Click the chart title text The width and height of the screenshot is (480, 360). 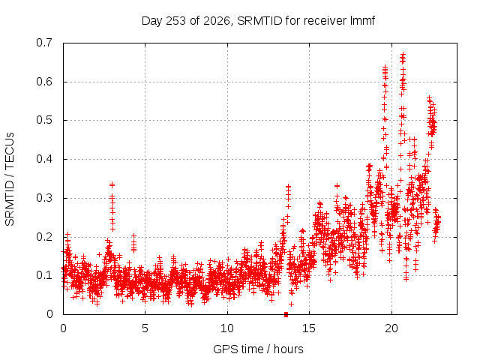(x=258, y=21)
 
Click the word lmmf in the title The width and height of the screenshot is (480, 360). (x=362, y=21)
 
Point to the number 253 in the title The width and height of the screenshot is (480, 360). (x=175, y=21)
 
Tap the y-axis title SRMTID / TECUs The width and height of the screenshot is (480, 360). (x=10, y=179)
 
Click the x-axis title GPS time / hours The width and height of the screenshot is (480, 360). (x=258, y=349)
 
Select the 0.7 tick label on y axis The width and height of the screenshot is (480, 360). (x=44, y=43)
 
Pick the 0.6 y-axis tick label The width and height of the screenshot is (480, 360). (x=44, y=82)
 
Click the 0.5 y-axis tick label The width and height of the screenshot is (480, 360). (x=44, y=120)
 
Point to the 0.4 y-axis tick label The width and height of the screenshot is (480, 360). (x=44, y=159)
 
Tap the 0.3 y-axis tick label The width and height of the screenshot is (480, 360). (x=44, y=198)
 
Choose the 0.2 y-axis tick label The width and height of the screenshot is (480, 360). (x=44, y=237)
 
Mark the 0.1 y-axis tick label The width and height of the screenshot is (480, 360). (x=44, y=275)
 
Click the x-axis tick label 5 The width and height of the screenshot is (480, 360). (x=145, y=328)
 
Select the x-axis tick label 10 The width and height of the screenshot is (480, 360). (x=226, y=328)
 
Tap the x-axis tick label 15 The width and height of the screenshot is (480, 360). (x=309, y=328)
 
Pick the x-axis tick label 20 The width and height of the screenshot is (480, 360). (x=391, y=328)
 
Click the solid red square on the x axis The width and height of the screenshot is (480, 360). (x=286, y=314)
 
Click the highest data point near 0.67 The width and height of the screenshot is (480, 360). (x=403, y=54)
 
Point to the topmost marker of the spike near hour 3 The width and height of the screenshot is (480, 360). (x=112, y=184)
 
